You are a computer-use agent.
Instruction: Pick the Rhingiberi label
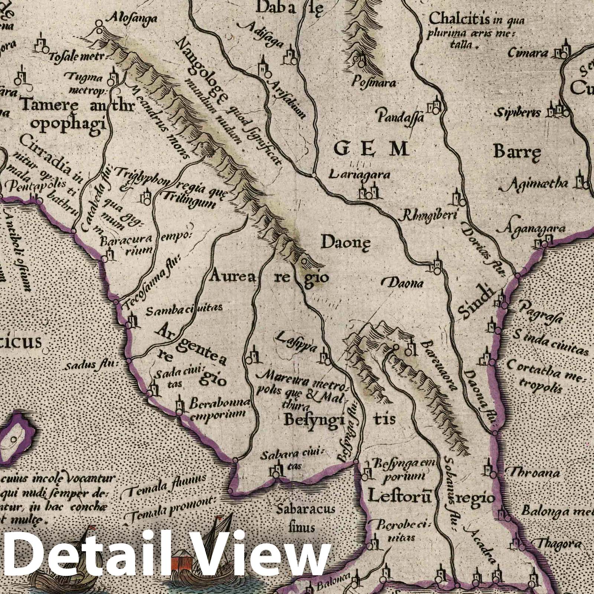[x=430, y=216]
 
